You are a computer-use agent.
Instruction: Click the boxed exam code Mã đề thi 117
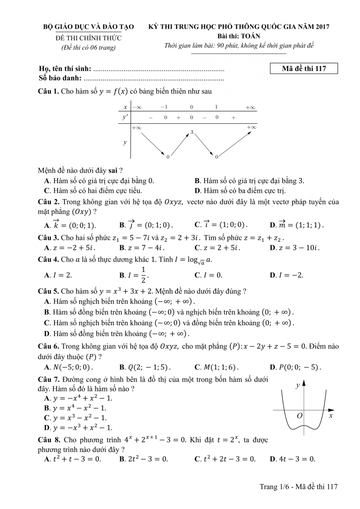click(x=304, y=69)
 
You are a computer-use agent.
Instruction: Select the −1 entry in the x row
click(x=164, y=107)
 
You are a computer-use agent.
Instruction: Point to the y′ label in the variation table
click(x=125, y=117)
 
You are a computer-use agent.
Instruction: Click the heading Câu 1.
click(x=48, y=91)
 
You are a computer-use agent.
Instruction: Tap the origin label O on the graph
click(x=300, y=415)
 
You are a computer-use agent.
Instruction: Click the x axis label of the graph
click(x=331, y=416)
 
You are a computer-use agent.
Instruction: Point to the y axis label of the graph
click(x=298, y=385)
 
